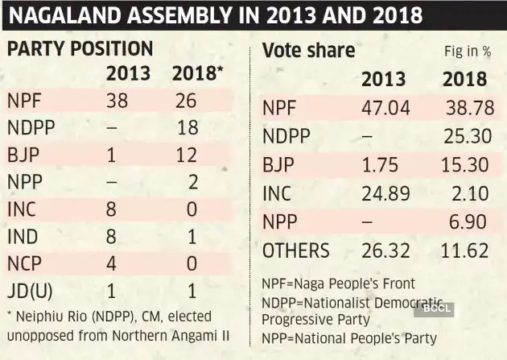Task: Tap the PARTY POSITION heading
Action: coord(80,48)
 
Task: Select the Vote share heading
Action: coord(308,51)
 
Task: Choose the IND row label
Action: coord(23,237)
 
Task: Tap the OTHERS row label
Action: coord(295,250)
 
